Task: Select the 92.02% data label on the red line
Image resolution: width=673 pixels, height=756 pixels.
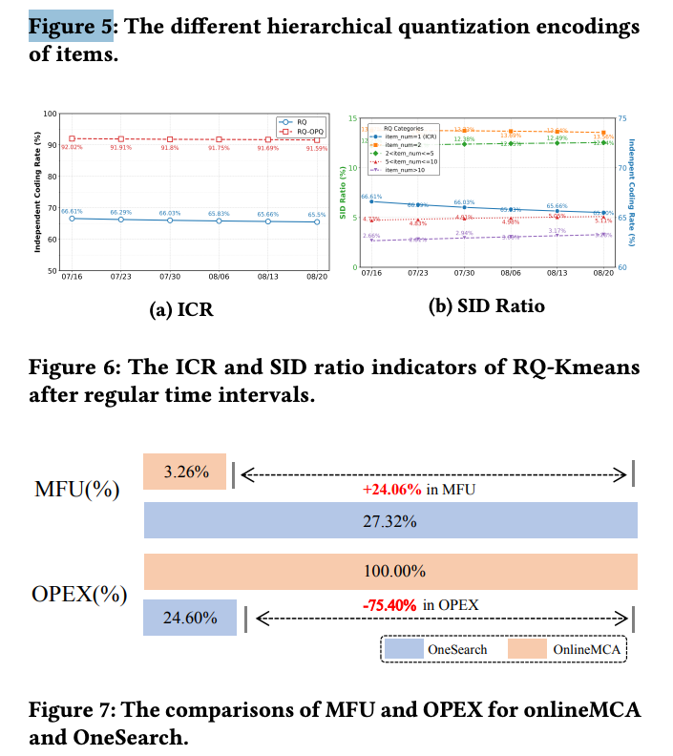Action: (x=72, y=147)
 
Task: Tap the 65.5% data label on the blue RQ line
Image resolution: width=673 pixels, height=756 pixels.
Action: (x=316, y=215)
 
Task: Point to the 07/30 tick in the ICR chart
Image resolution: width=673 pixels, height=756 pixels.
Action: (x=169, y=277)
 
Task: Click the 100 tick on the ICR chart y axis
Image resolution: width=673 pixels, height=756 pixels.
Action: (x=51, y=115)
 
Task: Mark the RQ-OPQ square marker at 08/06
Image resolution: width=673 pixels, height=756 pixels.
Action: (x=219, y=139)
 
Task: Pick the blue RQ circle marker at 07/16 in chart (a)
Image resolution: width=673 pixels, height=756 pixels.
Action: (x=72, y=219)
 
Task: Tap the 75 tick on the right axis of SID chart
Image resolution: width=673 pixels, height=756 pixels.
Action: (x=622, y=118)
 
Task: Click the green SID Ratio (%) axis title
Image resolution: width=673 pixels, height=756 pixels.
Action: (x=342, y=192)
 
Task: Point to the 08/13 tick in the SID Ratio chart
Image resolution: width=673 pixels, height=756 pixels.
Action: (x=557, y=272)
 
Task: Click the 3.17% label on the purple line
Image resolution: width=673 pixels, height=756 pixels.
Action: (x=557, y=230)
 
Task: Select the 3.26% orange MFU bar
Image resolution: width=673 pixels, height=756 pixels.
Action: (x=184, y=472)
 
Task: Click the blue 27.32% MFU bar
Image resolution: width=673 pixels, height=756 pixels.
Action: (x=389, y=521)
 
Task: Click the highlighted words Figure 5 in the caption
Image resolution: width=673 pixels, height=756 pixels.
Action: (x=72, y=26)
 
